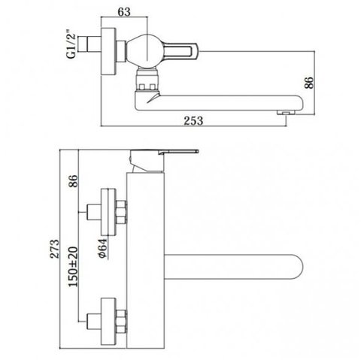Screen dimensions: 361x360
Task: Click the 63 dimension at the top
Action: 124,12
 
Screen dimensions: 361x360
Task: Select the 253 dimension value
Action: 193,120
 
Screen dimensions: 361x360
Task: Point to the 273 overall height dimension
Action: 55,249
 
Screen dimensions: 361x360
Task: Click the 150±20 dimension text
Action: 73,267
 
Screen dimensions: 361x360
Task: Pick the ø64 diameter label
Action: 103,248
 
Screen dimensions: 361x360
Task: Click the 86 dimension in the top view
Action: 309,83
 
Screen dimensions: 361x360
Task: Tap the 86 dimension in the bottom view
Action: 73,181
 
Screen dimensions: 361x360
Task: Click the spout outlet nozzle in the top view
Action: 286,113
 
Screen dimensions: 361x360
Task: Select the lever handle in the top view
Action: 179,50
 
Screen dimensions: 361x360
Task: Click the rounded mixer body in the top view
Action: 143,50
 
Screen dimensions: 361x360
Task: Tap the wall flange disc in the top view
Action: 108,51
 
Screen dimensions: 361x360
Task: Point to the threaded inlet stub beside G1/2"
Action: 89,44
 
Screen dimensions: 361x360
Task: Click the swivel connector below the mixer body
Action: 147,80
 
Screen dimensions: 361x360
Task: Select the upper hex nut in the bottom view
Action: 121,212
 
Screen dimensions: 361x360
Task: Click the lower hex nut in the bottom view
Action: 121,322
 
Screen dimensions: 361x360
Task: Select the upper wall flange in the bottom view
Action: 108,212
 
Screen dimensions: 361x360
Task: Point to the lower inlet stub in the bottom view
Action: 94,322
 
